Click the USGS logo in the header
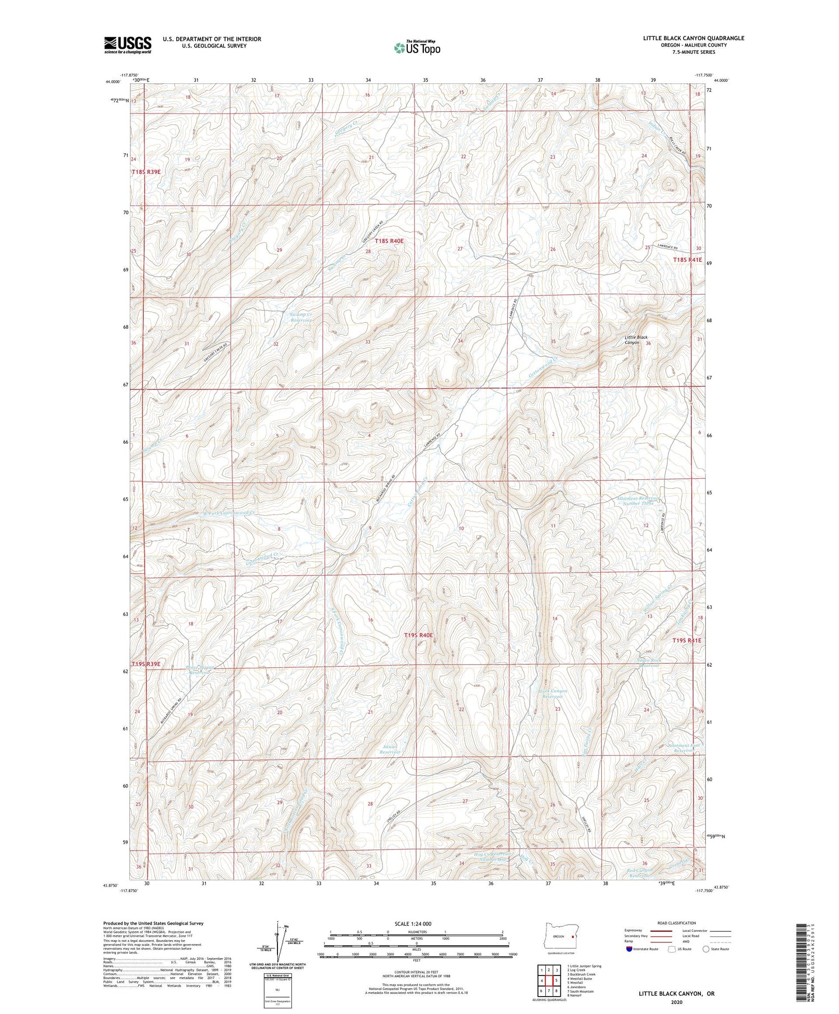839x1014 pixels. point(128,45)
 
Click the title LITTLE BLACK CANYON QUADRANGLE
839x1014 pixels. point(693,38)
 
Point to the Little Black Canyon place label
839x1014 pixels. point(636,339)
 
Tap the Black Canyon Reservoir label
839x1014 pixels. point(553,694)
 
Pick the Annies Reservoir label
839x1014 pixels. point(390,749)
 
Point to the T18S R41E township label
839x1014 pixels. point(687,260)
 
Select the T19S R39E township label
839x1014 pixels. point(146,664)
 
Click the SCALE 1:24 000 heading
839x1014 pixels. point(412,923)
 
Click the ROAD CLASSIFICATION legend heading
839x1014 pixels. point(676,923)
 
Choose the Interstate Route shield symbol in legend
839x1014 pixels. point(629,949)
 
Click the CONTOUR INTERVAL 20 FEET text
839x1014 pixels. point(416,974)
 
